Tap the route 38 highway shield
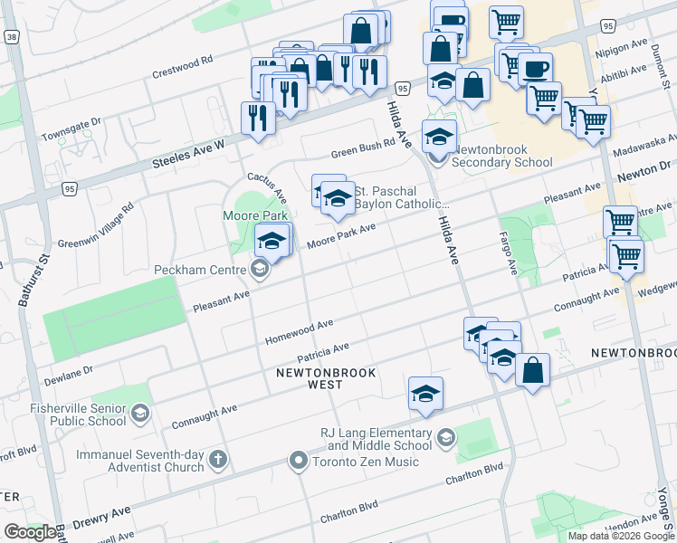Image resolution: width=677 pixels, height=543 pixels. click(x=12, y=37)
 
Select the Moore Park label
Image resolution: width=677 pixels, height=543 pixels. click(x=255, y=215)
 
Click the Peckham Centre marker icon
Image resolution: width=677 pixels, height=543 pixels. click(x=260, y=270)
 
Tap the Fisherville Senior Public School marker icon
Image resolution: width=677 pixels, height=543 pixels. click(x=139, y=414)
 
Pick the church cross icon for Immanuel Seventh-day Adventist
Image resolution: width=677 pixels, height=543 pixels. click(x=216, y=460)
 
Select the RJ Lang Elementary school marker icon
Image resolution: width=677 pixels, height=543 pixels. click(x=444, y=439)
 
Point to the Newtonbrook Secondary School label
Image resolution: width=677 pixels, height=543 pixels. click(x=501, y=156)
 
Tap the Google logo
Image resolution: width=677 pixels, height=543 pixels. click(x=29, y=531)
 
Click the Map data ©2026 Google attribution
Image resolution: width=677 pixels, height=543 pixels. click(x=620, y=535)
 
